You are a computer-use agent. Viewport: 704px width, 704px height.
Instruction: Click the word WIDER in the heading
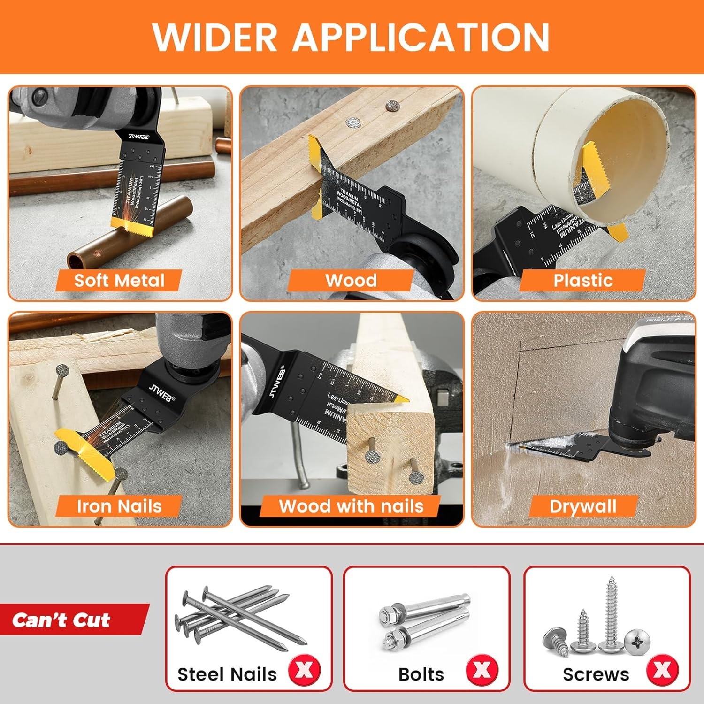(x=215, y=37)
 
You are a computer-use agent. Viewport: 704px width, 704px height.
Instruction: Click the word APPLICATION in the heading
(x=421, y=37)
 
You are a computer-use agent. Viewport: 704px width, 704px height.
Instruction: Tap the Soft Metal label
(x=119, y=281)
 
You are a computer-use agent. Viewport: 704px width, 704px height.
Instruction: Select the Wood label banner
(x=351, y=281)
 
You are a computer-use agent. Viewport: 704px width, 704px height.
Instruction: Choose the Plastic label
(x=583, y=281)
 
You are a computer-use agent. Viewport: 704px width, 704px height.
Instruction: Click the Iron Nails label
(x=119, y=506)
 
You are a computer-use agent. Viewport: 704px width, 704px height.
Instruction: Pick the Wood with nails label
(x=351, y=506)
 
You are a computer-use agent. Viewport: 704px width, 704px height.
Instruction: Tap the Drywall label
(x=583, y=506)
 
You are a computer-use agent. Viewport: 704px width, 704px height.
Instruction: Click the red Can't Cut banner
(x=66, y=620)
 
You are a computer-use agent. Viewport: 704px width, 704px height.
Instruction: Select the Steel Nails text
(x=227, y=674)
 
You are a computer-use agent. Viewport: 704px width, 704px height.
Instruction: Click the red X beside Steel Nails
(x=304, y=670)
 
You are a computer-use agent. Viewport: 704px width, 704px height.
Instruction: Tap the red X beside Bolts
(x=482, y=670)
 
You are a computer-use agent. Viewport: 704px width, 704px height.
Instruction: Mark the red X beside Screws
(x=662, y=670)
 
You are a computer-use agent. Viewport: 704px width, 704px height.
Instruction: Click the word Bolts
(x=421, y=674)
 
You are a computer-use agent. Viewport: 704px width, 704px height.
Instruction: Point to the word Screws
(x=596, y=674)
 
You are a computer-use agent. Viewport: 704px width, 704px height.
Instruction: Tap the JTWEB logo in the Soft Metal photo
(x=139, y=137)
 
